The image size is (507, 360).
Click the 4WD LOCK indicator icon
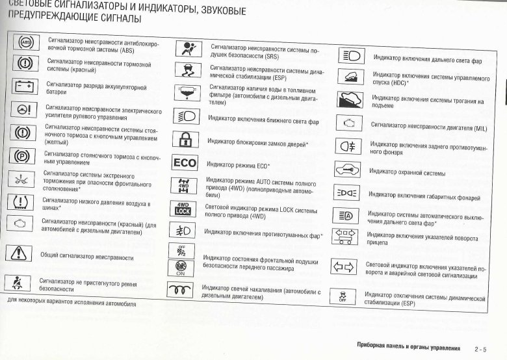tap(183, 208)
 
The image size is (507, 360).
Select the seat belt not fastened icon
tap(18, 283)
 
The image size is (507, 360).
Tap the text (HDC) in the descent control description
tap(398, 83)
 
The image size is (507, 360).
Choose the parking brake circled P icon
tap(23, 157)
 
